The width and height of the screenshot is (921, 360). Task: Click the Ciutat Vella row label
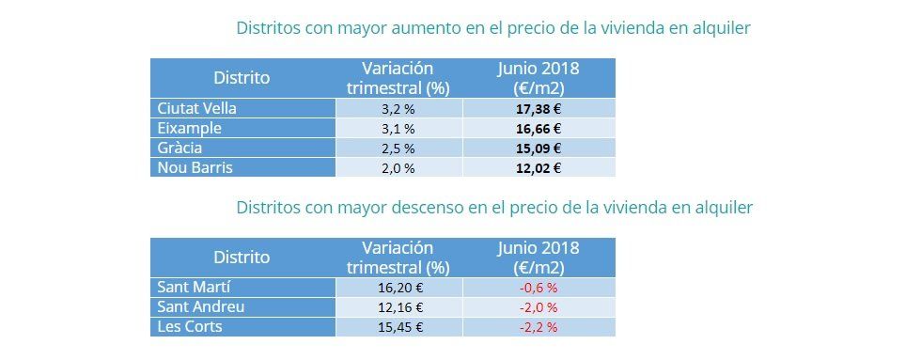(196, 108)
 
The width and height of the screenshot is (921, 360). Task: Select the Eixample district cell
(190, 128)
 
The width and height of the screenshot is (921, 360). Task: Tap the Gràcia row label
(180, 148)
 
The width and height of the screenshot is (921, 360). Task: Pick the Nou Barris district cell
(194, 167)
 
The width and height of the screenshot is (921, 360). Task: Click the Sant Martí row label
(195, 288)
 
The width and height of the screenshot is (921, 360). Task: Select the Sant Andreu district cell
(201, 307)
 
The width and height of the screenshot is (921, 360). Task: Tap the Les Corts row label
(189, 327)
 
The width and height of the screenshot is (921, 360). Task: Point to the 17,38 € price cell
(539, 108)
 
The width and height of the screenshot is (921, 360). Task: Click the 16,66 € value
(539, 128)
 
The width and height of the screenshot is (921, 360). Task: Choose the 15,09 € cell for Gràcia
(539, 148)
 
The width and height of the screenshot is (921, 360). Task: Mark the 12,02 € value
(539, 167)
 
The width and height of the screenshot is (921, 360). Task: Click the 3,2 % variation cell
(398, 108)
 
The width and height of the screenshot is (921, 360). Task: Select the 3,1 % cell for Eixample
(398, 128)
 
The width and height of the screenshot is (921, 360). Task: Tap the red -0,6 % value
(539, 288)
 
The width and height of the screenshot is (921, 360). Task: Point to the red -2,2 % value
(539, 327)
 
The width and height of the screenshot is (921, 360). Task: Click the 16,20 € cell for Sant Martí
(398, 288)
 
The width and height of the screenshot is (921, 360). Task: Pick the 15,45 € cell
(398, 327)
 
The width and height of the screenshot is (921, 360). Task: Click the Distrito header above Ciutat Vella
(242, 78)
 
